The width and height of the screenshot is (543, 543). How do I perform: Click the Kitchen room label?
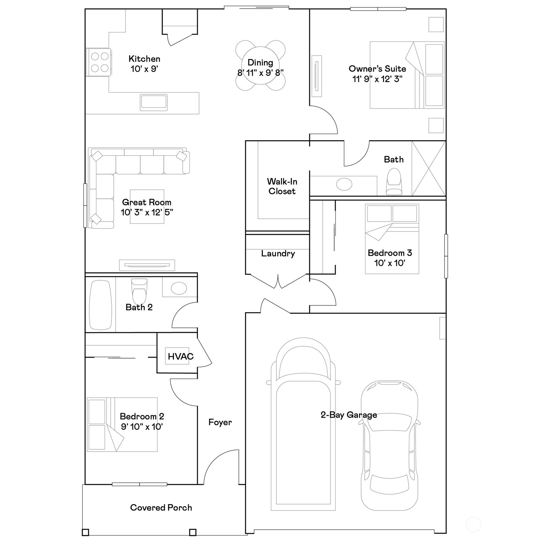(x=144, y=59)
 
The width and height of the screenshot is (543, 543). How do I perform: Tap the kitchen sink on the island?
(x=154, y=103)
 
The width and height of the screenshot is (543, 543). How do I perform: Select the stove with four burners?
(x=98, y=62)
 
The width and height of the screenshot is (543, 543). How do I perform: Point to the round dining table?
(x=260, y=65)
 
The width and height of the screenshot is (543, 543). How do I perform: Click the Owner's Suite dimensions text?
(x=377, y=79)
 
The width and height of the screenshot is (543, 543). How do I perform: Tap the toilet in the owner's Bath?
(x=394, y=182)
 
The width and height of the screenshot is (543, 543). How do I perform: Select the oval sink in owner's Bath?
(x=344, y=185)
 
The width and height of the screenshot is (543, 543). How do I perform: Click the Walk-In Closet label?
(x=282, y=186)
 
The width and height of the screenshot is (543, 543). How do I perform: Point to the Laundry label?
(x=278, y=253)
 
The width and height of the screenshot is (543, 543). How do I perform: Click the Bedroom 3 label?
(x=390, y=253)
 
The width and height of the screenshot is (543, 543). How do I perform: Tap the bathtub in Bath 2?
(x=100, y=305)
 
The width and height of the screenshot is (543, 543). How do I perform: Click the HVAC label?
(x=181, y=356)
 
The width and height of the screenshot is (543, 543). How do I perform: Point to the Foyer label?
(x=220, y=422)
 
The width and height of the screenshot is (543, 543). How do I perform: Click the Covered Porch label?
(x=161, y=507)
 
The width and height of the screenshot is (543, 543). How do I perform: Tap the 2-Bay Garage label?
(x=349, y=415)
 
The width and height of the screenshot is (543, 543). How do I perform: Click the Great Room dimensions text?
(x=147, y=212)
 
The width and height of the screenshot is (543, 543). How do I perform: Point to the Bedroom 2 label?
(x=142, y=416)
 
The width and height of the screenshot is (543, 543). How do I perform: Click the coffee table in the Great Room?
(x=147, y=207)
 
